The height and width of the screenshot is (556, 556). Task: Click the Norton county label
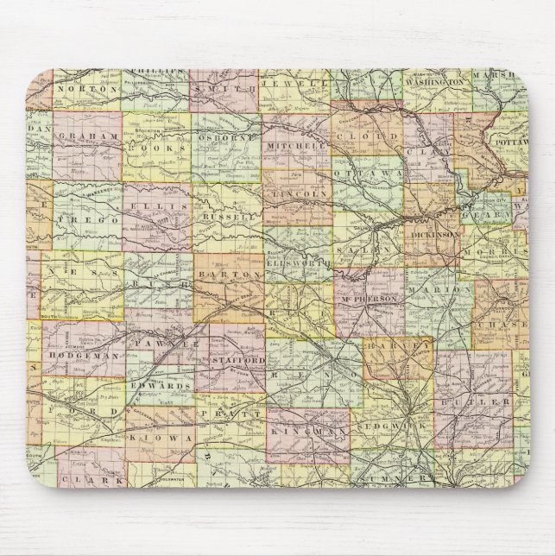86,88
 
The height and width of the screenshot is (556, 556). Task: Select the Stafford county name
235,358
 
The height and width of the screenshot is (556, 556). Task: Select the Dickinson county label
434,235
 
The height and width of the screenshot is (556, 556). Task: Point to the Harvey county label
398,345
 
